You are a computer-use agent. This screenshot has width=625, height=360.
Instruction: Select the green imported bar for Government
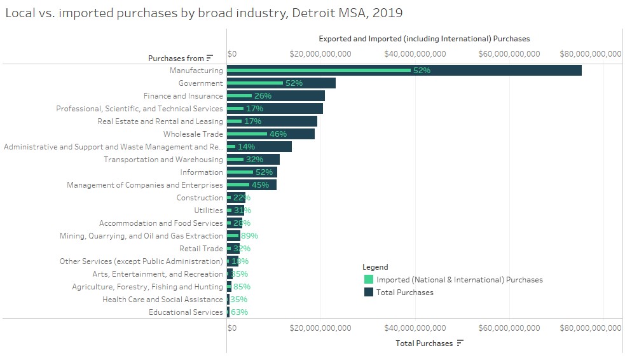click(254, 83)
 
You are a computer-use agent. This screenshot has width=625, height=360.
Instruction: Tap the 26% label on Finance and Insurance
click(263, 96)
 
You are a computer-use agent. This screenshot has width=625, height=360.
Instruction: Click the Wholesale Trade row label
click(193, 134)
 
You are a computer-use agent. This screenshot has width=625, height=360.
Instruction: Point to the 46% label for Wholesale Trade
click(278, 134)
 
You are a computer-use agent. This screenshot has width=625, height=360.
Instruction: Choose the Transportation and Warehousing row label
click(163, 160)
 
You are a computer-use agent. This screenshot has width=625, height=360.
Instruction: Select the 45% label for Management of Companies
click(260, 185)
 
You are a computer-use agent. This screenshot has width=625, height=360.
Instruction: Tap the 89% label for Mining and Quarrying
click(249, 236)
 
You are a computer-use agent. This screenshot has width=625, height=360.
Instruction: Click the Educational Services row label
click(186, 312)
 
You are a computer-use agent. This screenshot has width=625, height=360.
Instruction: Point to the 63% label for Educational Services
click(239, 312)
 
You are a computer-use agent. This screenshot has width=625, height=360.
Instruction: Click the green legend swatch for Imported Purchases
click(368, 279)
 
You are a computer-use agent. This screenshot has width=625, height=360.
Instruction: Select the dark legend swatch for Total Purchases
click(368, 293)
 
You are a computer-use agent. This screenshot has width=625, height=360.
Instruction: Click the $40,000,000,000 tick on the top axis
click(415, 54)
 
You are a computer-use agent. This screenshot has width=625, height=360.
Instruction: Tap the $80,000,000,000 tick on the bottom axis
click(590, 328)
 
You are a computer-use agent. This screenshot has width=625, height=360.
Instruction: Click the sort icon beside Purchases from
click(210, 59)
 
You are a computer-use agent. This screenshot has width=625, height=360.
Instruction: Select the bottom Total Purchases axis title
click(424, 343)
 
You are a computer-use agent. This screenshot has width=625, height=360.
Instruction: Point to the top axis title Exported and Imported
click(424, 39)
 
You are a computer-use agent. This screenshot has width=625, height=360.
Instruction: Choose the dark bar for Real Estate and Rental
click(280, 121)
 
